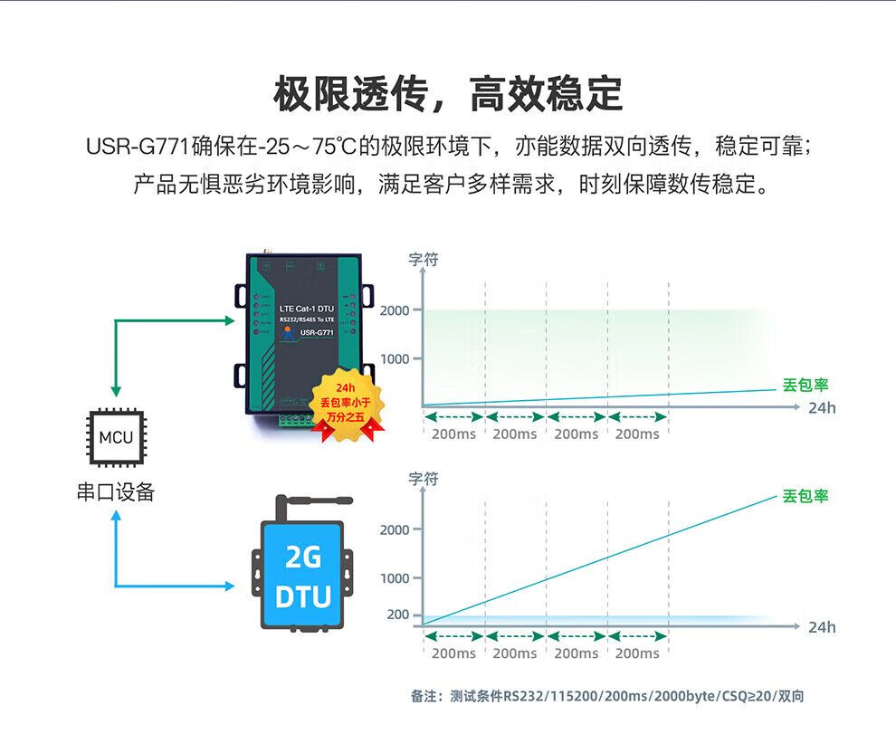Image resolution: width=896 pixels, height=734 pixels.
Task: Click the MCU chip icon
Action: (116, 438)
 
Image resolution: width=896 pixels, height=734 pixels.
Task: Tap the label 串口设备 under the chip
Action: (116, 491)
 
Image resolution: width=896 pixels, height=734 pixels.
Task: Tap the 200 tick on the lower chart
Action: (398, 615)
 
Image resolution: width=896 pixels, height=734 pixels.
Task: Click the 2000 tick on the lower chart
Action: (395, 529)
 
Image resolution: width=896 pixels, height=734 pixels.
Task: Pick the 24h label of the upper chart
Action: (822, 408)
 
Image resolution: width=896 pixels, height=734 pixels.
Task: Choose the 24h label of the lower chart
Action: (822, 627)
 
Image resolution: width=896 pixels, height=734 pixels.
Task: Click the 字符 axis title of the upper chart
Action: (424, 260)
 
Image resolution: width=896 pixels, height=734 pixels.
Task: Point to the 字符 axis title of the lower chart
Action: (424, 479)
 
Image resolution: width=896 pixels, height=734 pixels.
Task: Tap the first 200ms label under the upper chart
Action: (453, 434)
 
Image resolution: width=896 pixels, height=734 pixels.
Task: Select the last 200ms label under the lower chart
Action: (637, 653)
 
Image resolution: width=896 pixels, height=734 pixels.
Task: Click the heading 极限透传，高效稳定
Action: (448, 94)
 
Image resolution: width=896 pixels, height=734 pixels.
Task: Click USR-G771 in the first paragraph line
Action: (138, 146)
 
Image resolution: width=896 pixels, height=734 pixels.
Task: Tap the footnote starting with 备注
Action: (607, 696)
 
